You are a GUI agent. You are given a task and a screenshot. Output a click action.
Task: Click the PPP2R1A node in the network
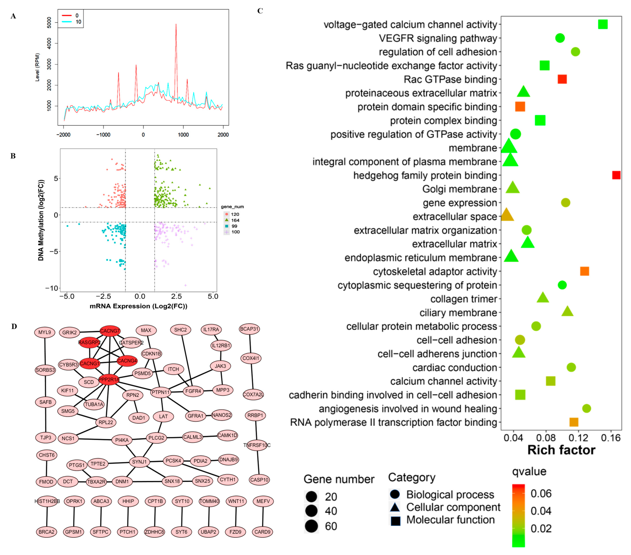coord(109,379)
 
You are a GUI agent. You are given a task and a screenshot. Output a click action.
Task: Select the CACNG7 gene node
coord(110,331)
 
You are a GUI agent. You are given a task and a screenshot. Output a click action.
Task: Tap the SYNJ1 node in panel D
coord(139,462)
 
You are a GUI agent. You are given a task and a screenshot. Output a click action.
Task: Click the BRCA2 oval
coord(47,532)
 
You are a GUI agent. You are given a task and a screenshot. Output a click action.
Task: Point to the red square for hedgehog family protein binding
coord(616,175)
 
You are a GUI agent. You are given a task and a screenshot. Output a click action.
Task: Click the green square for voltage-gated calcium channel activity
coord(603,24)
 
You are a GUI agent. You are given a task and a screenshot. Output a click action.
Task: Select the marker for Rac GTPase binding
coord(562,79)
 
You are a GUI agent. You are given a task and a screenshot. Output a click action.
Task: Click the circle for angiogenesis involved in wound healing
coord(586,409)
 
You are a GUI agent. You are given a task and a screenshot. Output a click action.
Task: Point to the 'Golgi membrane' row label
coord(459,189)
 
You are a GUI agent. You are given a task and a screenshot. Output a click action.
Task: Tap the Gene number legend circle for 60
coord(312,526)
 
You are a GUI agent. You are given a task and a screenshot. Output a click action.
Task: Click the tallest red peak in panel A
coord(176,25)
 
